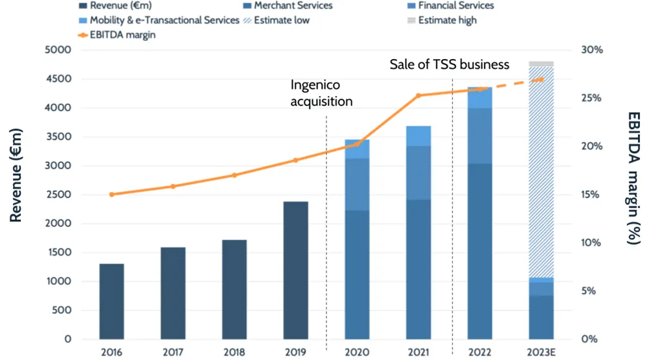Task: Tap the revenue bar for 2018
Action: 234,289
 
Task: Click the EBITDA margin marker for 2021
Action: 419,95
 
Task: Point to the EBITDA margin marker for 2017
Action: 173,186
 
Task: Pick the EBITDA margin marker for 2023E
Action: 541,79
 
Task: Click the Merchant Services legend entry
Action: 286,6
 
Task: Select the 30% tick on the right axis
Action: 591,50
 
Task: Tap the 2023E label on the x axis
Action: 541,352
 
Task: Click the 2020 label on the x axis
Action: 357,352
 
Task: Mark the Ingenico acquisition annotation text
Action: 321,93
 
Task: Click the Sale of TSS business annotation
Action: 449,65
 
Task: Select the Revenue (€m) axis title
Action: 16,175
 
